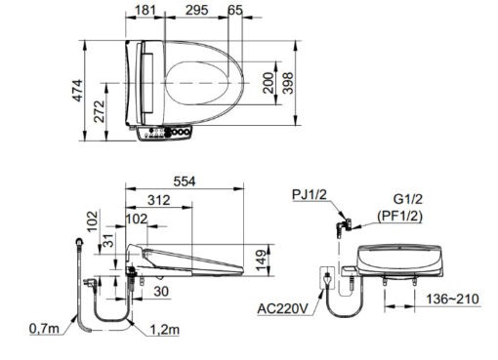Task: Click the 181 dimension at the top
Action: point(145,10)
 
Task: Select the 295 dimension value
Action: point(196,10)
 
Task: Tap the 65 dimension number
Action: point(235,10)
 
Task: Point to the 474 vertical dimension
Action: point(78,91)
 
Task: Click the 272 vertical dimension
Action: point(99,111)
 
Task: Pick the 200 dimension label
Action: point(269,83)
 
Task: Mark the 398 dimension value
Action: point(288,83)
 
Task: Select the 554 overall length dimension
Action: point(185,181)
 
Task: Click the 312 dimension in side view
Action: point(159,200)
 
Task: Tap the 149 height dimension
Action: point(262,260)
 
